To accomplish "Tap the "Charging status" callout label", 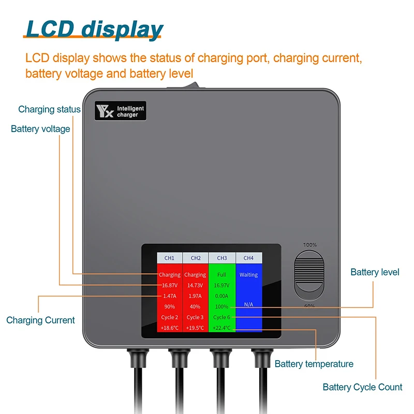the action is tap(49, 109).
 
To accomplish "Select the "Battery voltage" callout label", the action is tap(40, 129).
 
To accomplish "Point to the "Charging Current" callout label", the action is tap(40, 320).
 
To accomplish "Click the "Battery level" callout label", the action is tap(375, 272).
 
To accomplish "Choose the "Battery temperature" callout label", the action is tap(314, 364).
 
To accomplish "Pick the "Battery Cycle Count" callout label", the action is tap(362, 387).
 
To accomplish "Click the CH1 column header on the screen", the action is tap(170, 258).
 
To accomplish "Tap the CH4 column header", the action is tap(248, 258).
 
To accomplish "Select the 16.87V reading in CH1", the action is tap(170, 285).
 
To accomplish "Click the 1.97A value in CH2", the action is tap(196, 295).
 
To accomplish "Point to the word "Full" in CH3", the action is tap(222, 275).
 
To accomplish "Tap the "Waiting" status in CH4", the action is tap(248, 275).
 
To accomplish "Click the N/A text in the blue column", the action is tap(248, 305).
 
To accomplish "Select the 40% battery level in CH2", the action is tap(196, 306).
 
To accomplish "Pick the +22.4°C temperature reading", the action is tap(222, 328).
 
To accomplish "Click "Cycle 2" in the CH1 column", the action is tap(170, 317).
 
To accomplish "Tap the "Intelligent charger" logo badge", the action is tap(120, 111).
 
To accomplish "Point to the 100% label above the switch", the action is tap(310, 245).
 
